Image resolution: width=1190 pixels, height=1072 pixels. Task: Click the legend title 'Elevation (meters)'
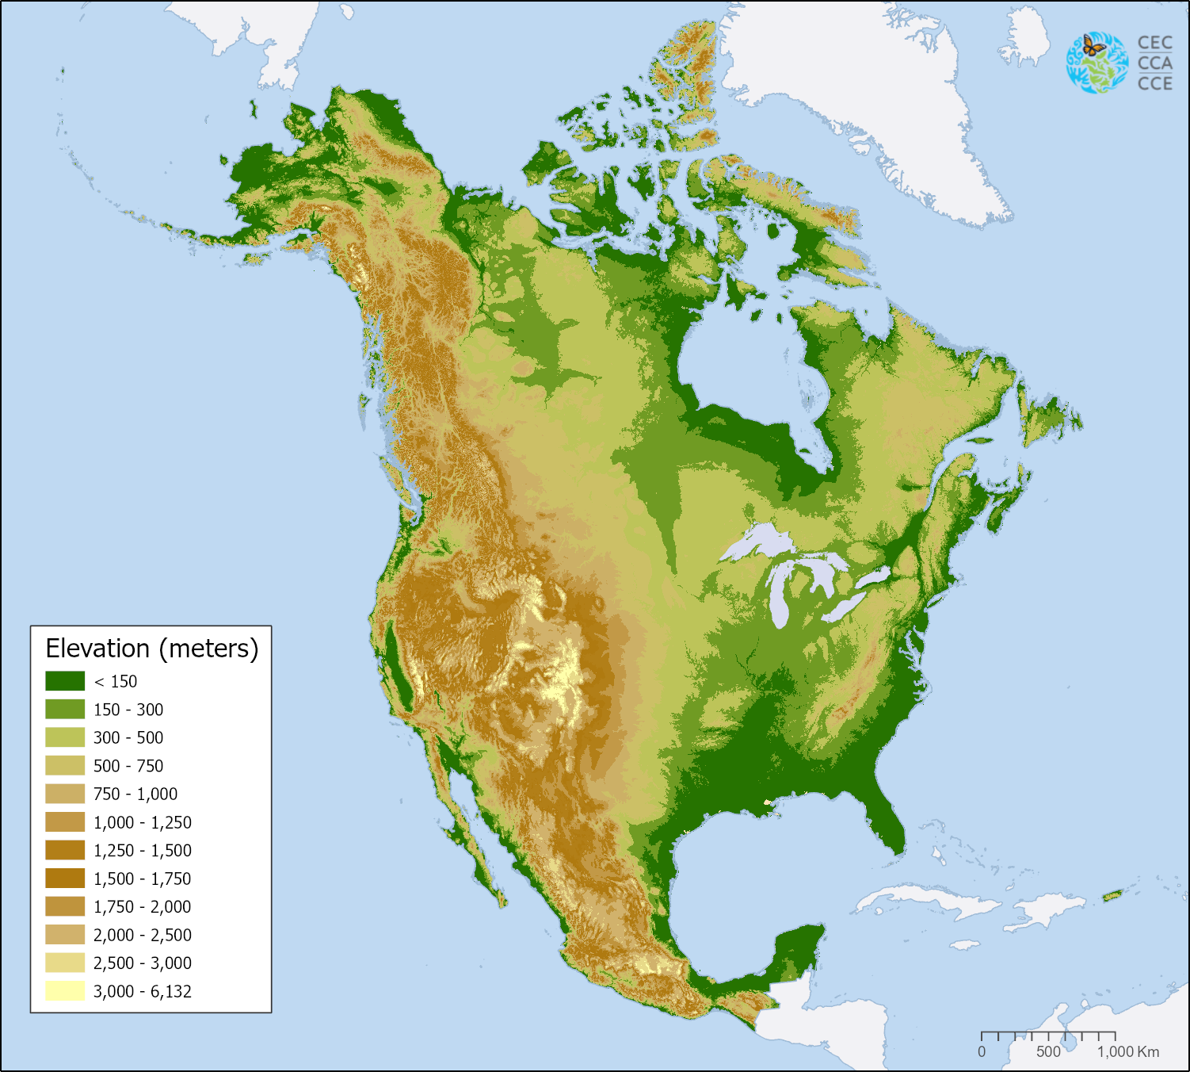pyautogui.click(x=152, y=649)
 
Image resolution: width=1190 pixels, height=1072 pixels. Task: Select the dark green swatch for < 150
pyautogui.click(x=65, y=681)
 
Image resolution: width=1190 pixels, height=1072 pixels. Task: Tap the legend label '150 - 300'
pyautogui.click(x=128, y=710)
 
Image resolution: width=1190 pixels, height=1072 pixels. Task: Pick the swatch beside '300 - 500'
pyautogui.click(x=65, y=737)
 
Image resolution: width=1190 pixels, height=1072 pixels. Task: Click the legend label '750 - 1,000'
pyautogui.click(x=135, y=794)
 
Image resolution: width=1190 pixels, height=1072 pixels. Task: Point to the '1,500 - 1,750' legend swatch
pyautogui.click(x=65, y=879)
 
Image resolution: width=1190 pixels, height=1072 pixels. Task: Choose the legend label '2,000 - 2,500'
pyautogui.click(x=143, y=935)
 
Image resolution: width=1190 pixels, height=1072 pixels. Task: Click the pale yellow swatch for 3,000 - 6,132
pyautogui.click(x=65, y=991)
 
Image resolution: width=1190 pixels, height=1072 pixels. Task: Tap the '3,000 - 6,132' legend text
pyautogui.click(x=143, y=991)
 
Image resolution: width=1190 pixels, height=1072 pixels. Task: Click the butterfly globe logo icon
pyautogui.click(x=1097, y=63)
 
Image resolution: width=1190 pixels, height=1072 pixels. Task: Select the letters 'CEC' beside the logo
pyautogui.click(x=1154, y=43)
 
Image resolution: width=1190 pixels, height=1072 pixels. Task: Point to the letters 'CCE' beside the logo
pyautogui.click(x=1154, y=83)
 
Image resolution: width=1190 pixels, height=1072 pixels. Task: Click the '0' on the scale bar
pyautogui.click(x=982, y=1051)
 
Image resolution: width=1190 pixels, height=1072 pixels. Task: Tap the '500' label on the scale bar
pyautogui.click(x=1048, y=1051)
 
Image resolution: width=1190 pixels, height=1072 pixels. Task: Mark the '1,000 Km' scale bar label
pyautogui.click(x=1128, y=1051)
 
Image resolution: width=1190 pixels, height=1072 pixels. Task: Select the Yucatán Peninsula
pyautogui.click(x=796, y=955)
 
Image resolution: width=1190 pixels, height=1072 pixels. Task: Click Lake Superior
pyautogui.click(x=757, y=543)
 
